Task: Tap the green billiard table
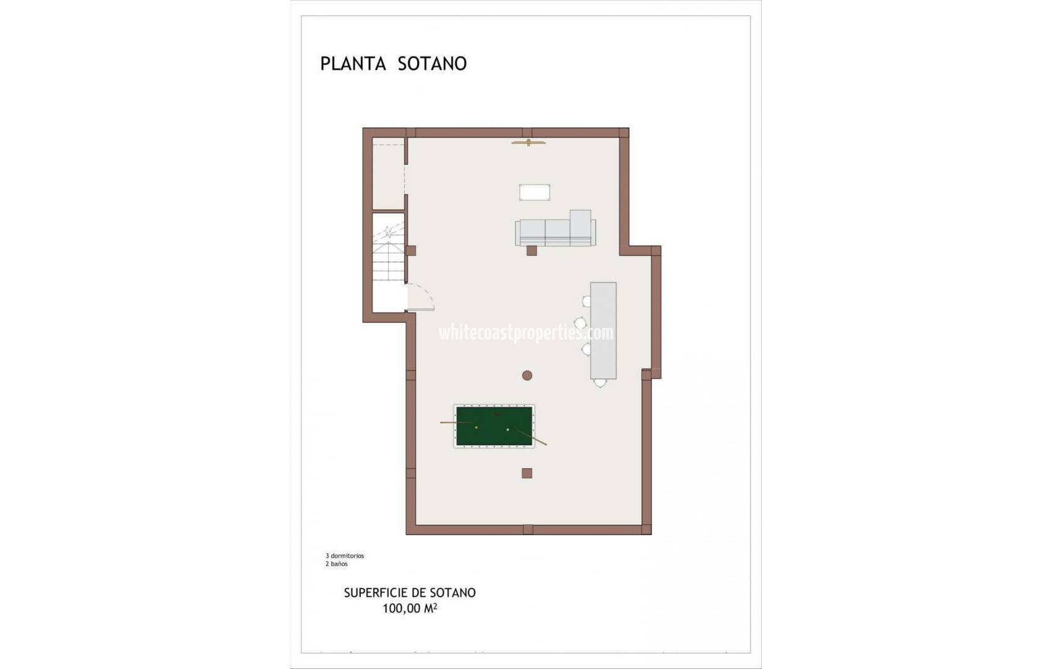pos(494,426)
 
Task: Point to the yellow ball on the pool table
pos(476,427)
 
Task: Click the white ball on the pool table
pos(507,429)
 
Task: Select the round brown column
pos(527,375)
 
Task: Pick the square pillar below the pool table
pos(527,473)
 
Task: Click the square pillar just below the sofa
pos(532,251)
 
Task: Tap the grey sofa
pos(555,232)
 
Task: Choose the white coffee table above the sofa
pos(535,192)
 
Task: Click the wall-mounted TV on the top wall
pos(528,143)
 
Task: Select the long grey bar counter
pos(603,330)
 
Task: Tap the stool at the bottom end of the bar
pos(600,383)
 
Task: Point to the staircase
pos(389,260)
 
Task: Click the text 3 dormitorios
pos(345,556)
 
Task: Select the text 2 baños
pos(337,564)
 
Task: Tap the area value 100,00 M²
pos(410,608)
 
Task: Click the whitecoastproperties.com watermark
pos(526,333)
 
